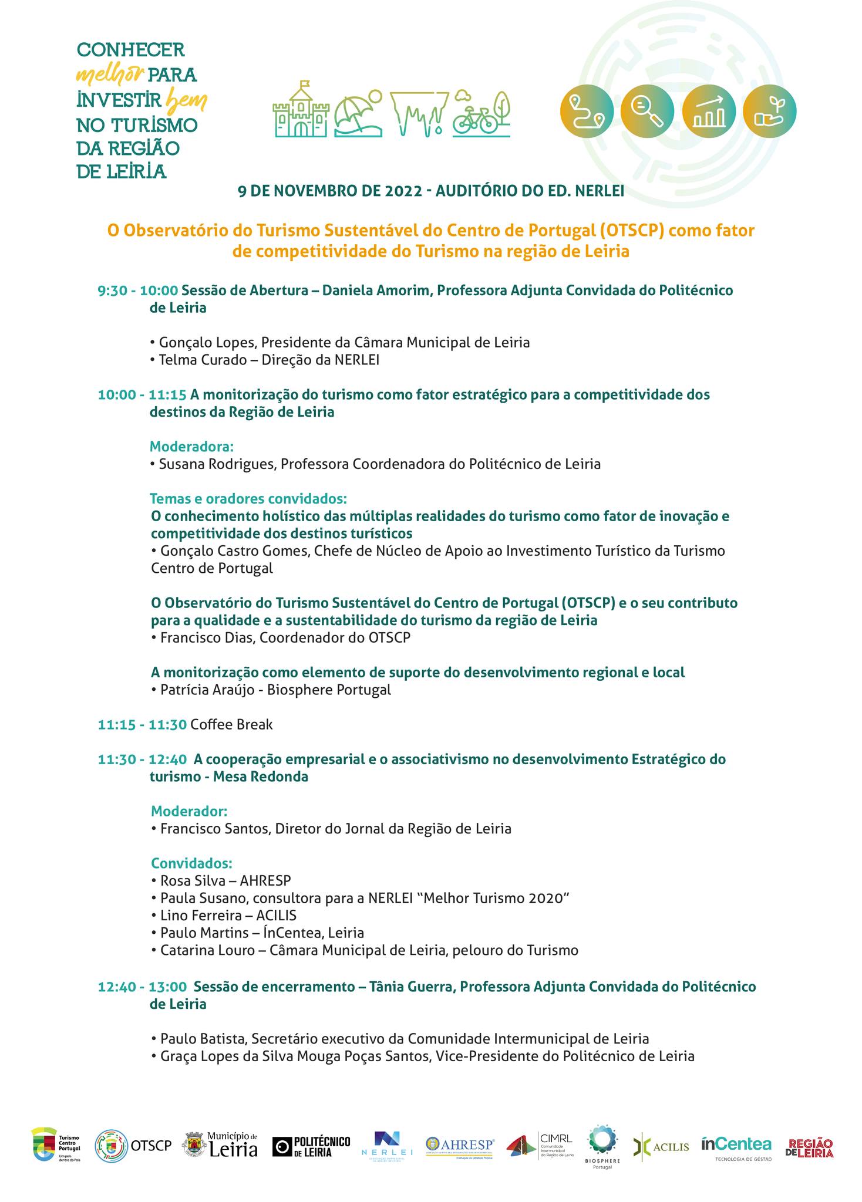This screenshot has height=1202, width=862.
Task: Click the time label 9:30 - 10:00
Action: click(138, 291)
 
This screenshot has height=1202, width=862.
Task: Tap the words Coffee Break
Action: click(231, 724)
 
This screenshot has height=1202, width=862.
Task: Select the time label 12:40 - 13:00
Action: click(143, 987)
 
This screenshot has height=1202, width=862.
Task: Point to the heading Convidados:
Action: click(191, 863)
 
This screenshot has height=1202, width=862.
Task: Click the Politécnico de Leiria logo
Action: click(311, 1146)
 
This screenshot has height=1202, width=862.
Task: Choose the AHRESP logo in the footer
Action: click(460, 1145)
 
